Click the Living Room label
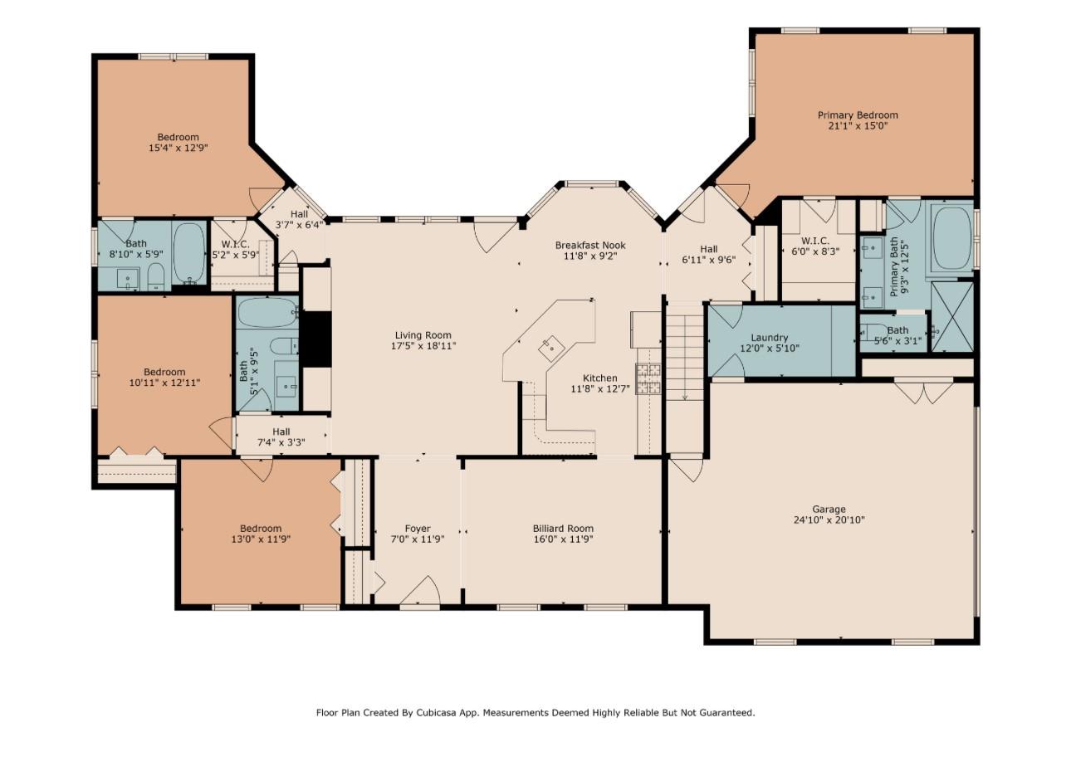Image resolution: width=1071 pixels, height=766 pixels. tap(423, 335)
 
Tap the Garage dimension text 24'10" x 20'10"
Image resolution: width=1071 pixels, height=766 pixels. tap(829, 520)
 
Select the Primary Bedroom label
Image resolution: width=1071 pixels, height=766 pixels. tap(858, 115)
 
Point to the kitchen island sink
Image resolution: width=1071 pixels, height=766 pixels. tap(551, 348)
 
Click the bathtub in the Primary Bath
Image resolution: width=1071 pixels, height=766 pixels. tap(953, 239)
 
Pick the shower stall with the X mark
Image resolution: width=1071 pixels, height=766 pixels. tap(952, 317)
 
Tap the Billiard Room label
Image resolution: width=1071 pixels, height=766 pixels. tap(563, 529)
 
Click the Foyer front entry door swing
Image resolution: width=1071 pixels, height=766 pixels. tap(421, 591)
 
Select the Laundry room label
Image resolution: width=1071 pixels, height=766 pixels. tap(770, 338)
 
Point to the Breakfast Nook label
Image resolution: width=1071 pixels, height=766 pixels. tap(590, 245)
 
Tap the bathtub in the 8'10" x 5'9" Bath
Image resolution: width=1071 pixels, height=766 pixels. tap(190, 253)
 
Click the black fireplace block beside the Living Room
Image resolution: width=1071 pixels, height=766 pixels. tap(315, 339)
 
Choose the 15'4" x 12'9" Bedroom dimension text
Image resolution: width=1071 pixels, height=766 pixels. tap(178, 148)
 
